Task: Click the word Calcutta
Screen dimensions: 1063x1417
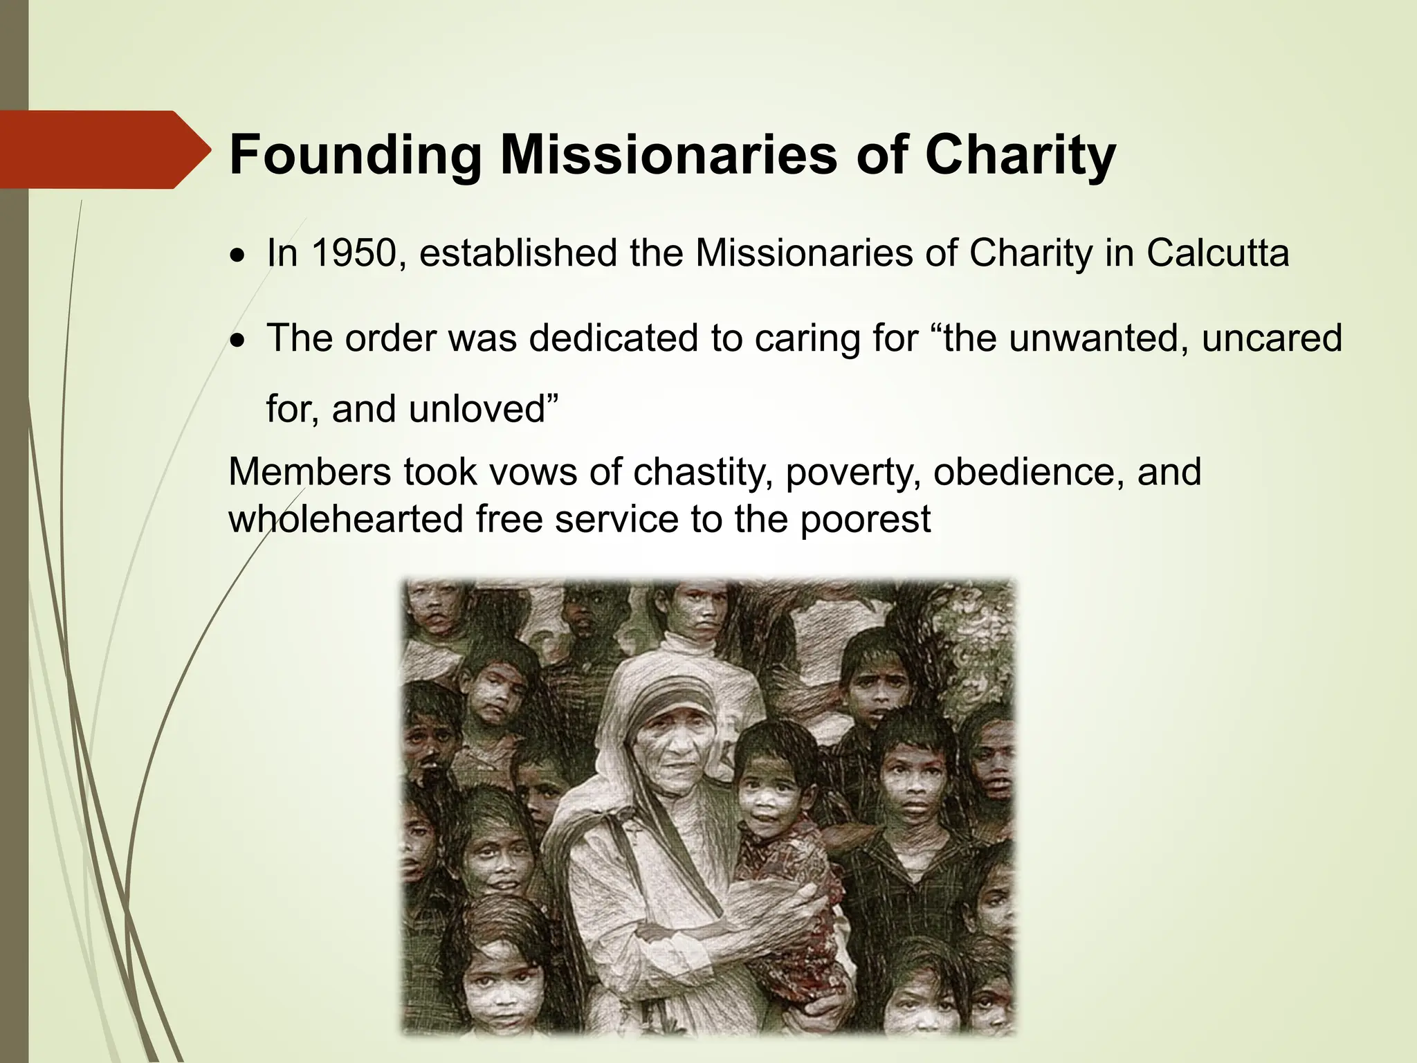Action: pyautogui.click(x=1218, y=253)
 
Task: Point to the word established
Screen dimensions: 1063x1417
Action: pyautogui.click(x=518, y=253)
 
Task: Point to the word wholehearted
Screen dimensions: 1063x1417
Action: pyautogui.click(x=345, y=519)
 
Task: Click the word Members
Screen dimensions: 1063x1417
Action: pyautogui.click(x=309, y=472)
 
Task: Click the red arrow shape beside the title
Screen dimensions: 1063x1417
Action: pyautogui.click(x=104, y=149)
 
